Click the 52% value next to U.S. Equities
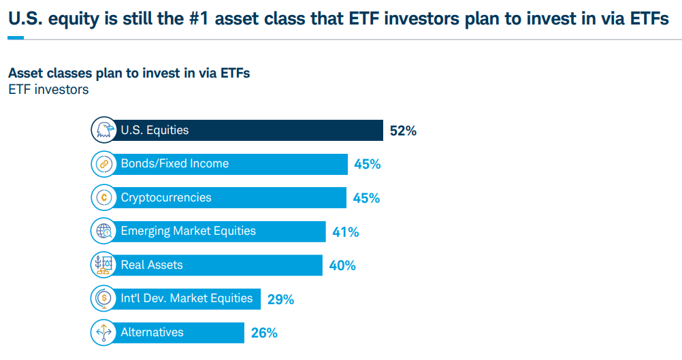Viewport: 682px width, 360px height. [x=402, y=131]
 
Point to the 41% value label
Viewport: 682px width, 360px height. [x=345, y=232]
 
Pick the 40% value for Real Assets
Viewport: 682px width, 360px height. [x=342, y=265]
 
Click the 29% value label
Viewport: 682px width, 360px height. [x=280, y=299]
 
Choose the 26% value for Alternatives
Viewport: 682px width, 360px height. [x=263, y=333]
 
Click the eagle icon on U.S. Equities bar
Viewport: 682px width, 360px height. [x=103, y=130]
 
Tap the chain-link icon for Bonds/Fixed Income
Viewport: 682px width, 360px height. [x=103, y=164]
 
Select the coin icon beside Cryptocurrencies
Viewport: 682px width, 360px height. [x=103, y=197]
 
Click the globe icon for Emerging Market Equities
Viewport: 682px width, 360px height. [x=103, y=231]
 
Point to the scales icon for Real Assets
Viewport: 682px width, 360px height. [x=103, y=265]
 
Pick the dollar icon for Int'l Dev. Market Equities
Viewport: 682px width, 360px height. [x=103, y=298]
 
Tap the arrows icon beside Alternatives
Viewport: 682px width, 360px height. [x=103, y=332]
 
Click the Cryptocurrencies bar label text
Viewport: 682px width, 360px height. [x=166, y=197]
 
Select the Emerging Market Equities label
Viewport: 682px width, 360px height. [x=188, y=231]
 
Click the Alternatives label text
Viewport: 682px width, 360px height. [x=152, y=332]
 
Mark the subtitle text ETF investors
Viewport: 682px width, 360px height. [x=48, y=89]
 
